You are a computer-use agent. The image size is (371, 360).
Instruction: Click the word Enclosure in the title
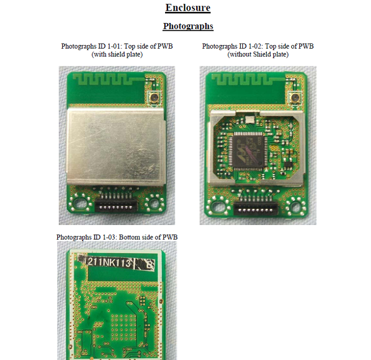[x=188, y=8]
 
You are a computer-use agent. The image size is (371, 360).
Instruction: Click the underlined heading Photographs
[x=188, y=26]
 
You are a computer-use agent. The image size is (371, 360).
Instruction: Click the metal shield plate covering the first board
[x=115, y=146]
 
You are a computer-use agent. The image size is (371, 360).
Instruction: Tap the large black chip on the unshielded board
[x=248, y=150]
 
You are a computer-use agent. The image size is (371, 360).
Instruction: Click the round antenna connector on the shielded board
[x=154, y=97]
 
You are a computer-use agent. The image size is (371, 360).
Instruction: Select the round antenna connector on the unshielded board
[x=295, y=97]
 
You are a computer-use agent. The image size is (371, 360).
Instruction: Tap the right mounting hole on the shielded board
[x=154, y=203]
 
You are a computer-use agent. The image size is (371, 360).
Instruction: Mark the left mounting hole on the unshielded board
[x=218, y=207]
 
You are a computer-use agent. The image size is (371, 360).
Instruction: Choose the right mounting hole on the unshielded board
[x=295, y=207]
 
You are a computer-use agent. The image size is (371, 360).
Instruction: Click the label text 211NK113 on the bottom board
[x=109, y=263]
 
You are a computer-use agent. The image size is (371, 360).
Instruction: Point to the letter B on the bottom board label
[x=150, y=264]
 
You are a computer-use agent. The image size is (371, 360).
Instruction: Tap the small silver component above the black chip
[x=250, y=120]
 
